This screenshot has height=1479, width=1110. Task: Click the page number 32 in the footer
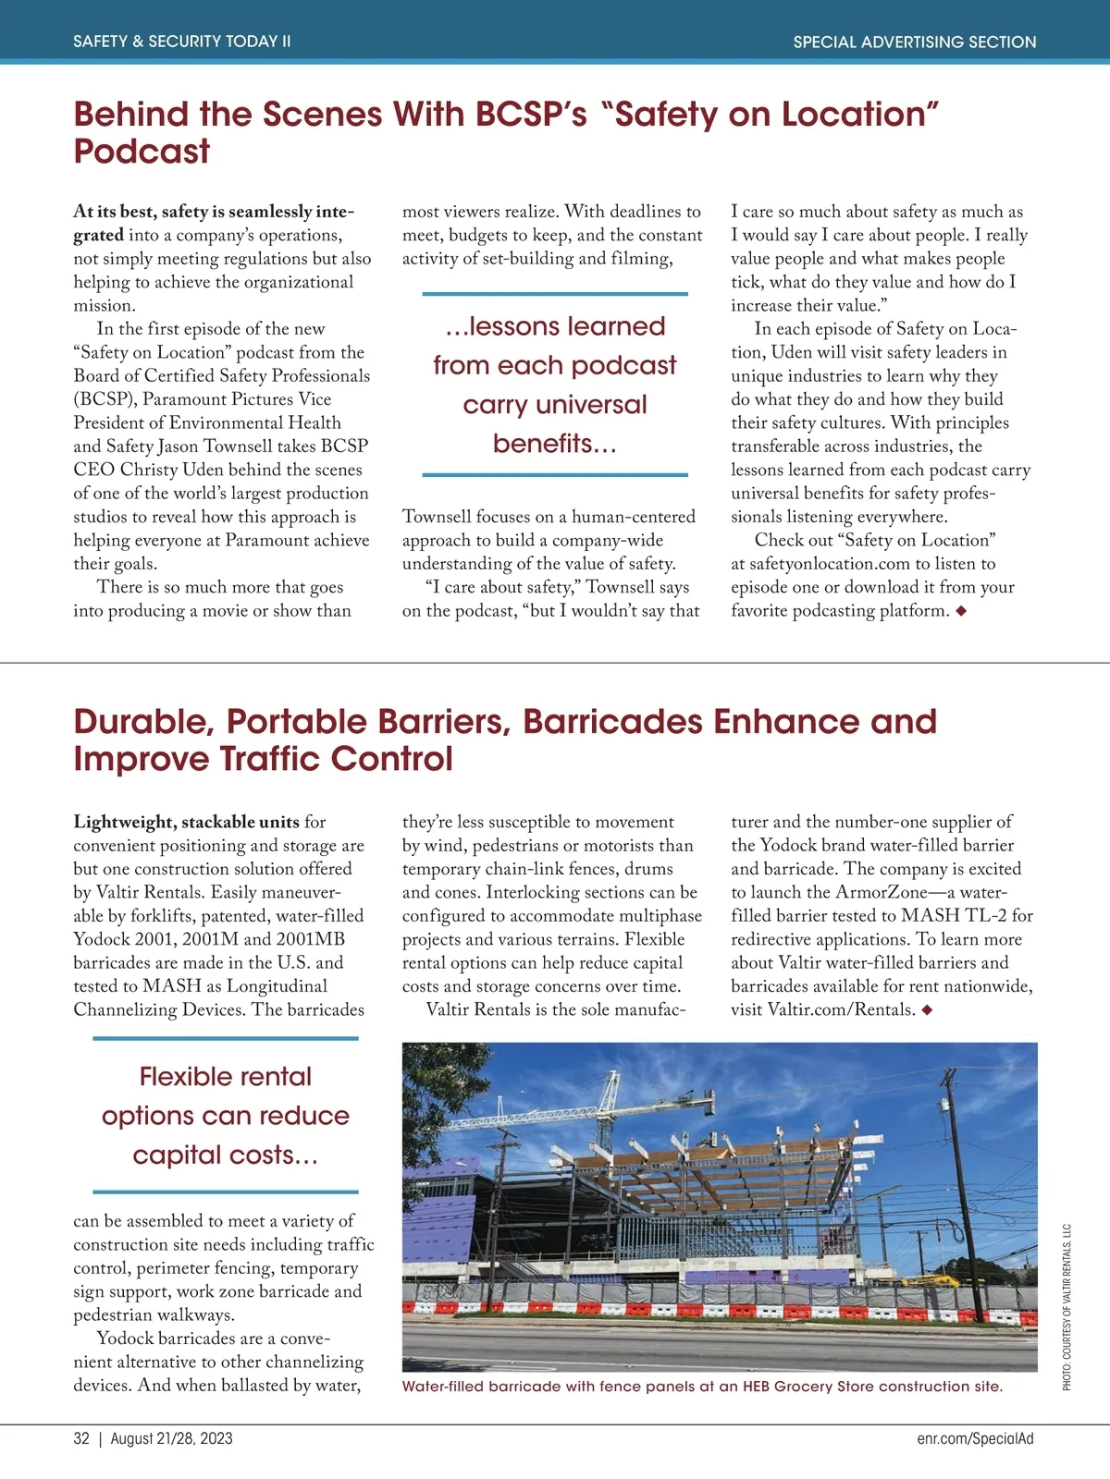click(81, 1438)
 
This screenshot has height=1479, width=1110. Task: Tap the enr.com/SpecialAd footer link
click(975, 1438)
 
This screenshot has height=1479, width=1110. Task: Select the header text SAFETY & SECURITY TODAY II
click(182, 42)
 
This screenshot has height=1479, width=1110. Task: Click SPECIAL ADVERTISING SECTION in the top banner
click(914, 42)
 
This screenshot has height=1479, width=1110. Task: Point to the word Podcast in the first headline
click(142, 152)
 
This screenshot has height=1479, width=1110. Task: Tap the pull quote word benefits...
click(553, 444)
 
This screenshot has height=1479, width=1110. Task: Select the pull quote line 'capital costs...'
click(226, 1155)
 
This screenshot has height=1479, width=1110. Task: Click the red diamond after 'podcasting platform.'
click(961, 611)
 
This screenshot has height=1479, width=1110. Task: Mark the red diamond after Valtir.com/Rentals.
click(927, 1009)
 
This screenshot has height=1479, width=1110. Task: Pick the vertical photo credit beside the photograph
click(1067, 1307)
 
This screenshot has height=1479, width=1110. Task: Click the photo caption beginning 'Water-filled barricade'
click(702, 1387)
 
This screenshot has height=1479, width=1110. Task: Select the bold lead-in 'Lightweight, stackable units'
click(187, 822)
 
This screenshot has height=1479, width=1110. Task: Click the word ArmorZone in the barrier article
click(881, 892)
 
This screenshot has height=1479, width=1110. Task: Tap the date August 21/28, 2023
click(172, 1438)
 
